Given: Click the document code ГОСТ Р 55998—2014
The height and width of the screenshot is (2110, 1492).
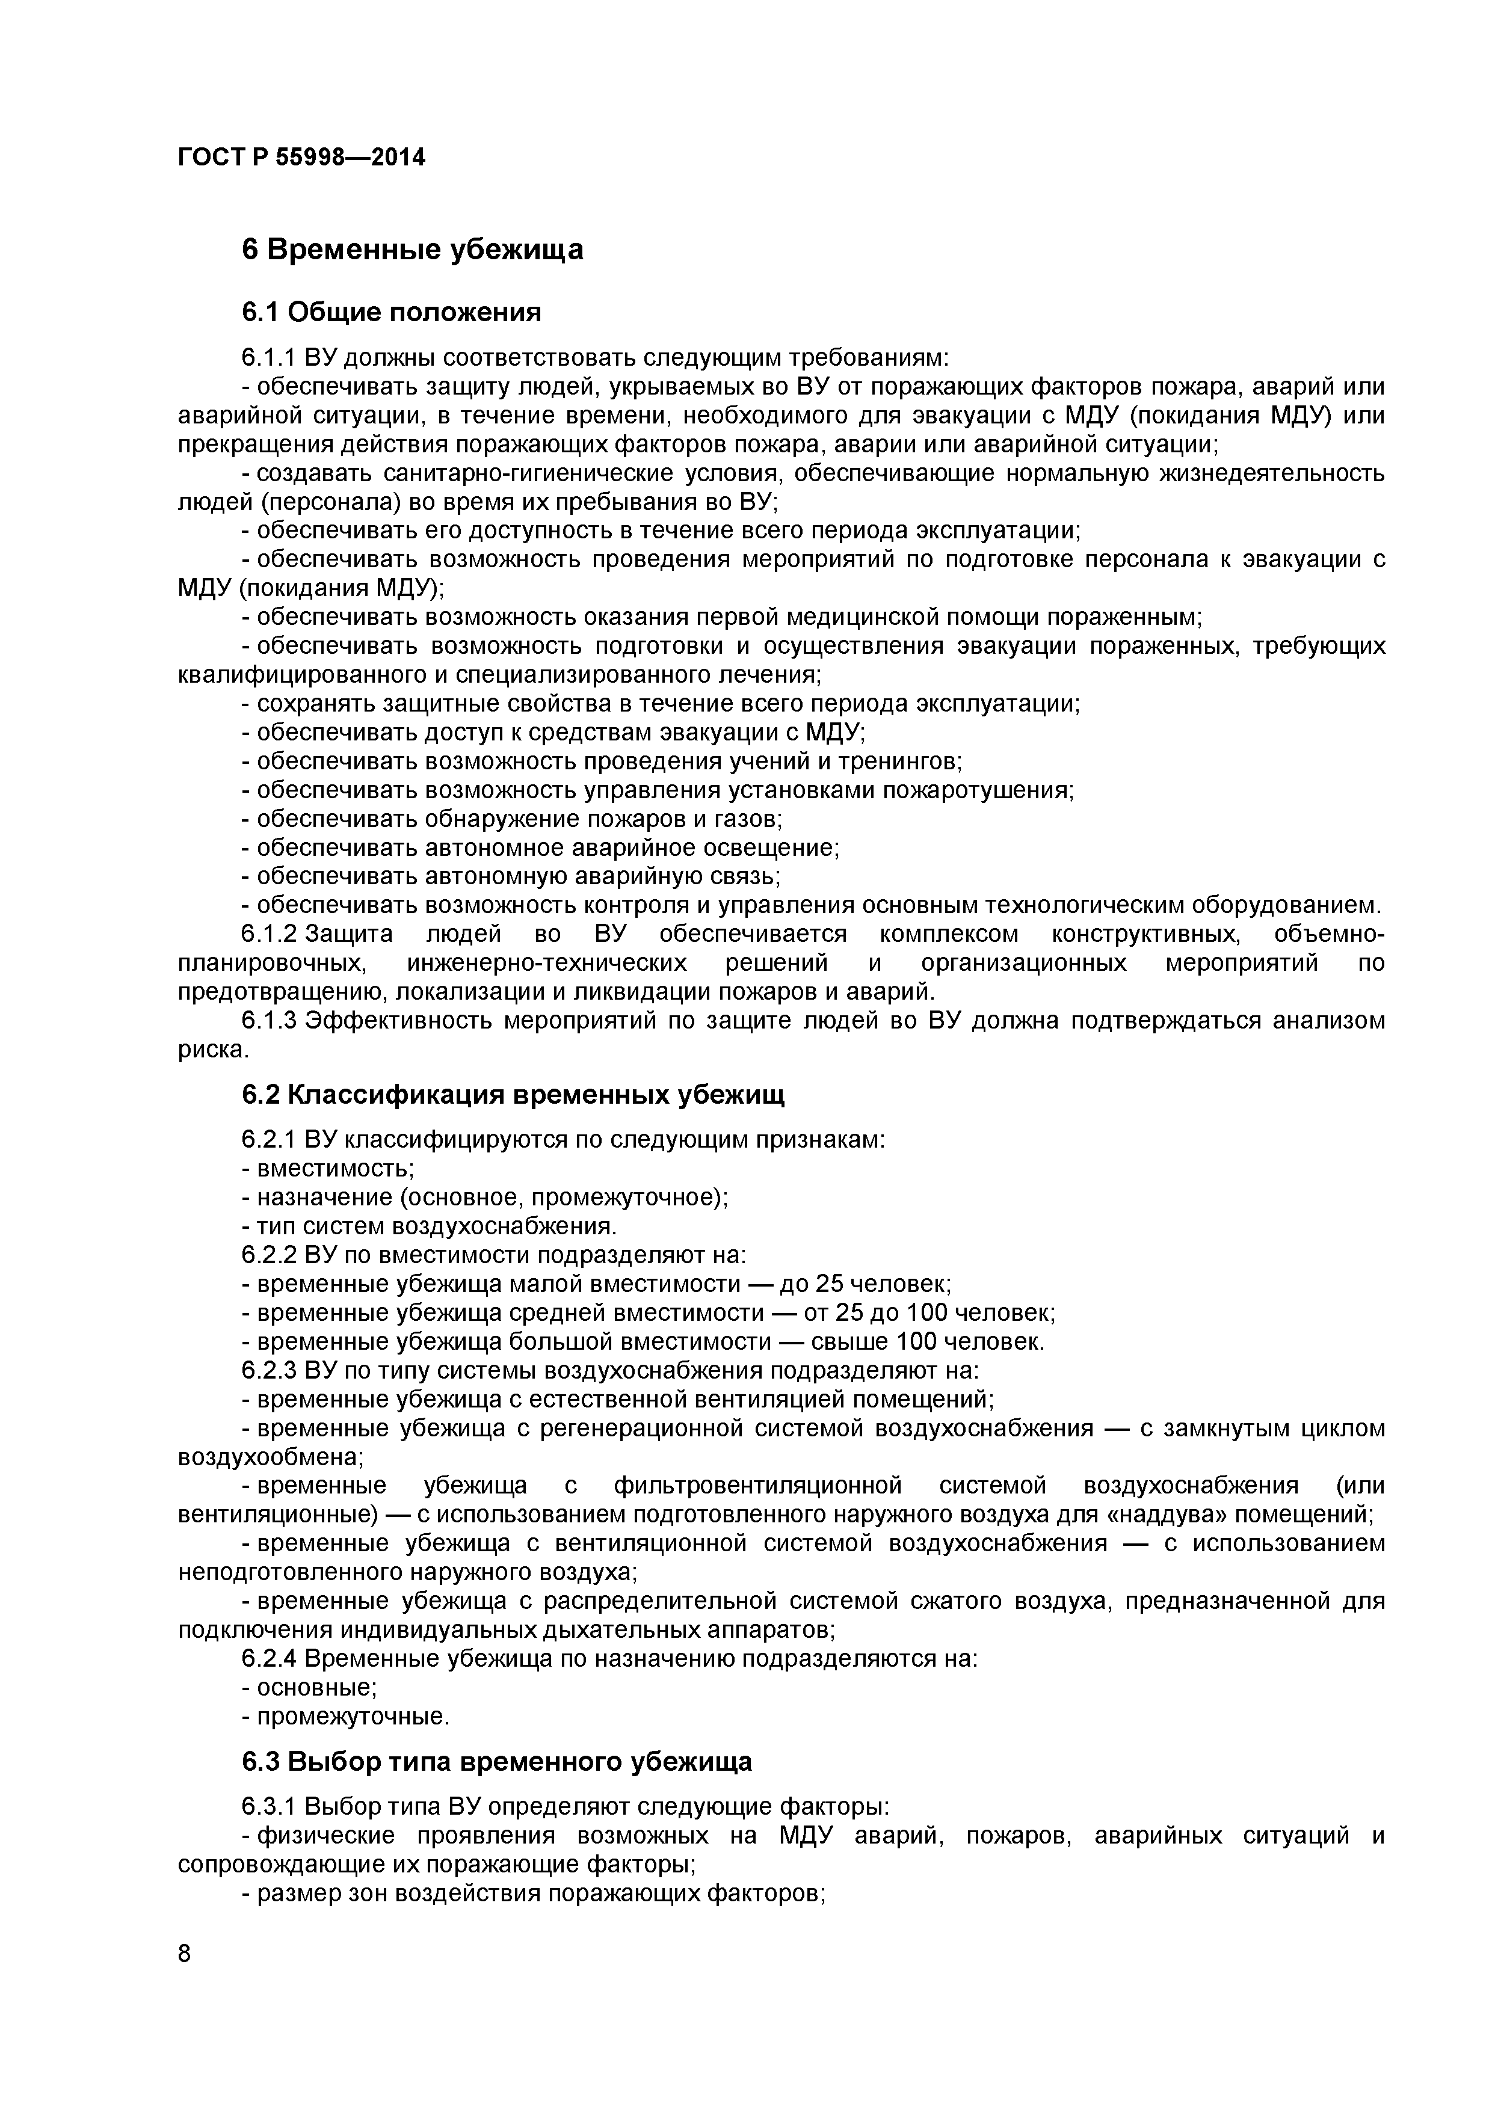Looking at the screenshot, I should click(301, 158).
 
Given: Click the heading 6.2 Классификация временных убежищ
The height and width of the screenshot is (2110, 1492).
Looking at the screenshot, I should click(513, 1095).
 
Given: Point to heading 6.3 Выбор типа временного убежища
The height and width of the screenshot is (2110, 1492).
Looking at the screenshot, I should click(496, 1761).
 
